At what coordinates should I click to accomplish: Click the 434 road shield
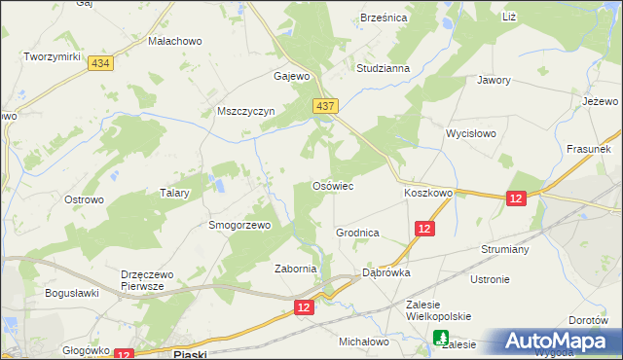(x=98, y=62)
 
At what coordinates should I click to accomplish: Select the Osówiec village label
(x=332, y=185)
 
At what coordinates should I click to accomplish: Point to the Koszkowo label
(x=428, y=193)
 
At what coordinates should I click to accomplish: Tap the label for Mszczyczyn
(x=247, y=111)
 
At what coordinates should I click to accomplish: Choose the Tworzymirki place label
(x=52, y=57)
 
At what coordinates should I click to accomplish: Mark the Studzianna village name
(x=383, y=69)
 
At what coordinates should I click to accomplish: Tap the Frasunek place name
(x=588, y=150)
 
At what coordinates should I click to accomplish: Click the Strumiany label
(x=503, y=249)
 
